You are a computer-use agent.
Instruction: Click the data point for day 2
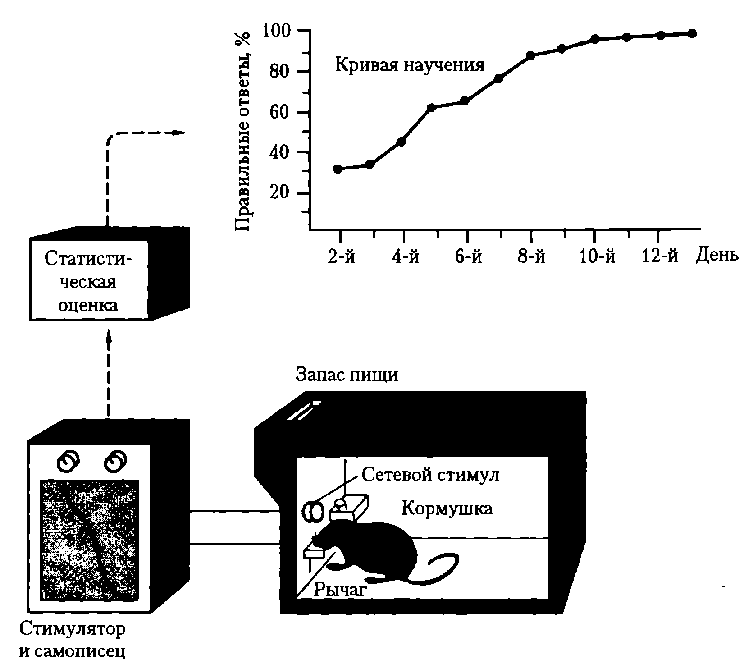[x=338, y=169]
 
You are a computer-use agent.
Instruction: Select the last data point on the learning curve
[x=692, y=33]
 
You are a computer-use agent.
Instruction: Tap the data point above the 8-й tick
[x=530, y=55]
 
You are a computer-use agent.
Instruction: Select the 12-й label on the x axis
[x=660, y=256]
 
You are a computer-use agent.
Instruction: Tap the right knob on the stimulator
[x=115, y=460]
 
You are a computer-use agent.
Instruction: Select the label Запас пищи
[x=347, y=375]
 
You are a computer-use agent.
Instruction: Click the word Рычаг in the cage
[x=338, y=589]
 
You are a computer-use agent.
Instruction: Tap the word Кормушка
[x=447, y=508]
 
